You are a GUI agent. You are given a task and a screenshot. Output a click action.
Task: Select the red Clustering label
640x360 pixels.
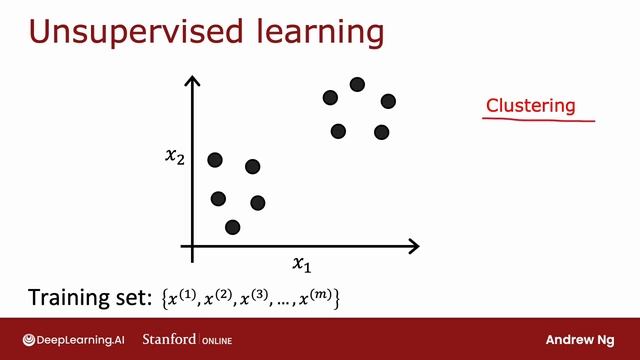click(x=530, y=105)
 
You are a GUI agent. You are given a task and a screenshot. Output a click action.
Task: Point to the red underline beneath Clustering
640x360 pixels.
click(x=538, y=119)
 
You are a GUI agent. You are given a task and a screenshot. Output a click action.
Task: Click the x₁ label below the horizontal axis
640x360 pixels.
click(x=301, y=264)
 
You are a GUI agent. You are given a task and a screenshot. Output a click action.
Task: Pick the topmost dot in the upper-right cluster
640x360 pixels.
click(x=357, y=84)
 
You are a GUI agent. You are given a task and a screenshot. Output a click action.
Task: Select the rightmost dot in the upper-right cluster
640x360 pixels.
click(x=388, y=101)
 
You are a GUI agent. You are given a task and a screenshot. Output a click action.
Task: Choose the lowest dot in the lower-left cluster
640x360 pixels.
click(x=232, y=227)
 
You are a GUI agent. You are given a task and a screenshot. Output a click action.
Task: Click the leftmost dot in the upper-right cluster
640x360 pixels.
click(x=330, y=97)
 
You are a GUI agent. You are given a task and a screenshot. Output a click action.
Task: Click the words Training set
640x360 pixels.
click(x=88, y=297)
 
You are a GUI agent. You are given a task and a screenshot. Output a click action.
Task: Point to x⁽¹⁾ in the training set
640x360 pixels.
click(x=183, y=297)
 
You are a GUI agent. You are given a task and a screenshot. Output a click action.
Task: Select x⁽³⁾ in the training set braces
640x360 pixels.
click(x=257, y=297)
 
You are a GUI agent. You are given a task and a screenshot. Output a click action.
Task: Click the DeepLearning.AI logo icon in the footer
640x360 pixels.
click(x=31, y=339)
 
